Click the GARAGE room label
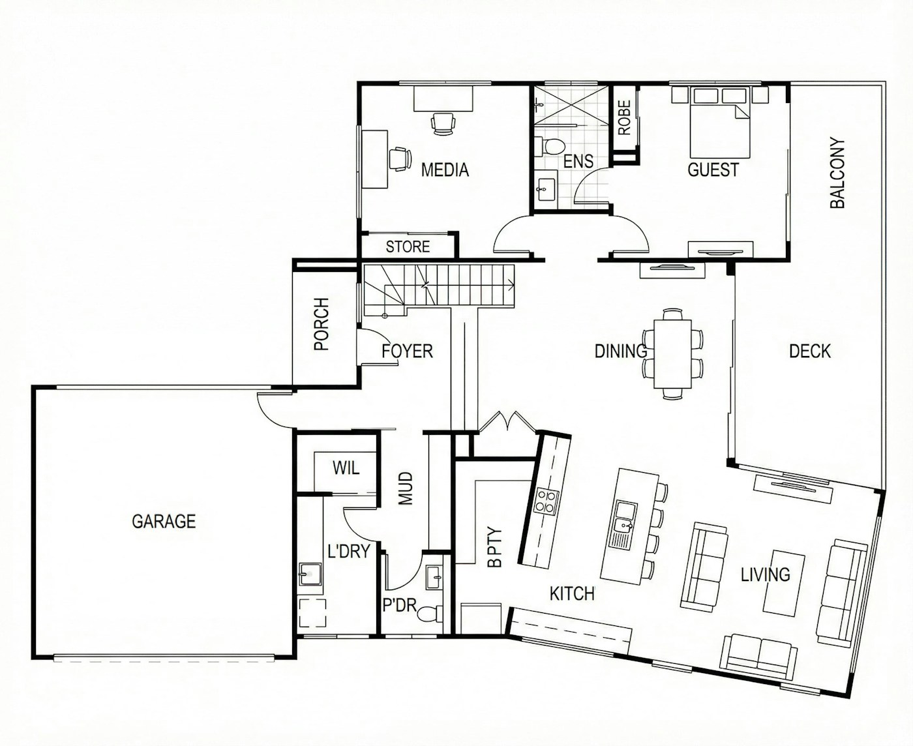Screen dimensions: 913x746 [x=164, y=521]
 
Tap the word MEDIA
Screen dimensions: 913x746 [x=445, y=170]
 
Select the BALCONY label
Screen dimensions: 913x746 [x=837, y=173]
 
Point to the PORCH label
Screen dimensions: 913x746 [x=322, y=324]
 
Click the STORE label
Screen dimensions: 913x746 [x=408, y=246]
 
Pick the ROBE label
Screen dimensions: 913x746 [x=624, y=117]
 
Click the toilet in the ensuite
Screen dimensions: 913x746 [x=549, y=145]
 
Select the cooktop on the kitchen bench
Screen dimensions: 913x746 [x=546, y=501]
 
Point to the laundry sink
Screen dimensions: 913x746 [x=310, y=574]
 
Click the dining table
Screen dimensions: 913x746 [x=672, y=353]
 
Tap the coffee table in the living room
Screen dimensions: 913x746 [x=784, y=583]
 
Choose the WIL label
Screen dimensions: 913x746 [x=346, y=468]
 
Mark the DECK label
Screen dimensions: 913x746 [x=810, y=351]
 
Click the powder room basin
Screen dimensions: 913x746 [x=434, y=577]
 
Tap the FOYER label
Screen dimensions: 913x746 [x=407, y=351]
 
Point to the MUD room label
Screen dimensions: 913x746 [x=406, y=488]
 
